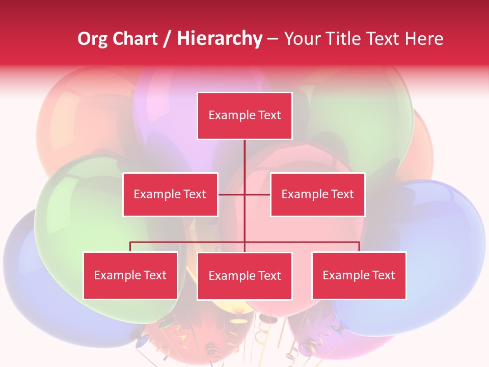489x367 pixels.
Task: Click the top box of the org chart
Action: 244,116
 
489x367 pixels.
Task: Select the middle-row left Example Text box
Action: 170,194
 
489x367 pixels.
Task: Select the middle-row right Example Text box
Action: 317,194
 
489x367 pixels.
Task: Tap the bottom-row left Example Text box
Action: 130,275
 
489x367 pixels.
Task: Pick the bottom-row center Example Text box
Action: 244,276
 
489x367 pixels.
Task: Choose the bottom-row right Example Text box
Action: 359,275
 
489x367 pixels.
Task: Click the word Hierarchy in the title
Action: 220,39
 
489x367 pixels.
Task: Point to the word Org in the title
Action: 92,39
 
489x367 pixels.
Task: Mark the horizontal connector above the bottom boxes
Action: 188,242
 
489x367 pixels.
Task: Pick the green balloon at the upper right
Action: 367,117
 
